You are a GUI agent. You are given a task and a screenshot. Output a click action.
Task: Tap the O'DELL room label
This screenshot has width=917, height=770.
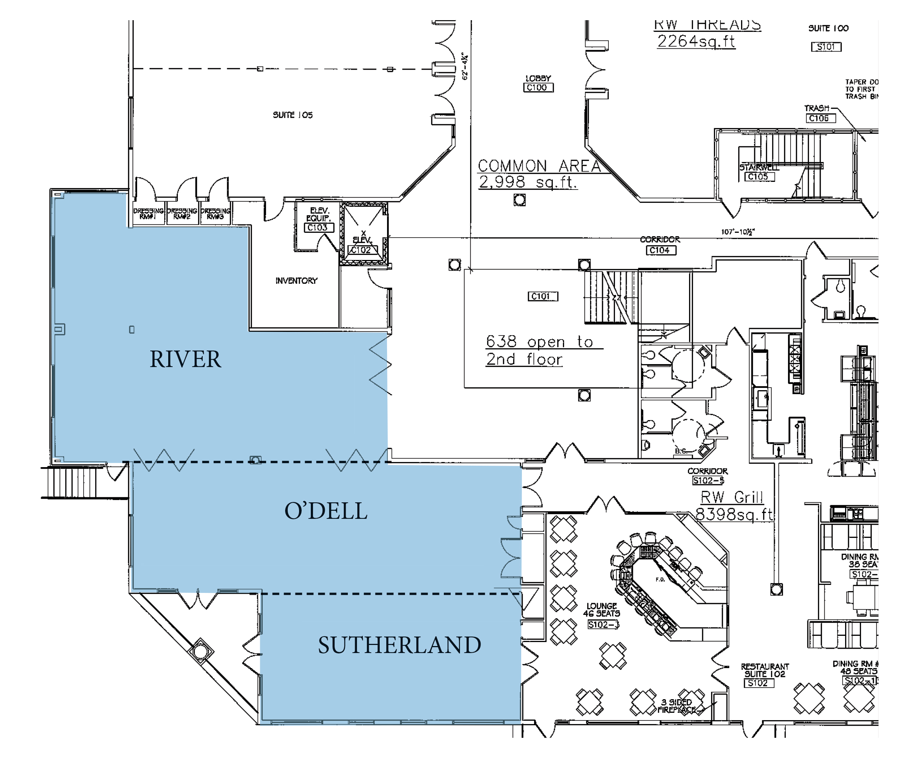click(326, 511)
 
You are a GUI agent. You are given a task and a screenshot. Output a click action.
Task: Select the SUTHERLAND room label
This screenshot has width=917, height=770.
click(399, 645)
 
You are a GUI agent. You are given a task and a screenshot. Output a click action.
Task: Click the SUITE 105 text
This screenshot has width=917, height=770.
click(292, 115)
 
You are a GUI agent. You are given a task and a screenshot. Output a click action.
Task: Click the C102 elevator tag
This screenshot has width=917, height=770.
click(362, 250)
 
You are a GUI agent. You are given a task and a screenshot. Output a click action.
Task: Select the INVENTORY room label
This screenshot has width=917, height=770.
click(297, 281)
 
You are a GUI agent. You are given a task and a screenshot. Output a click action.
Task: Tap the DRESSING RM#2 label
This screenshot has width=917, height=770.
click(182, 213)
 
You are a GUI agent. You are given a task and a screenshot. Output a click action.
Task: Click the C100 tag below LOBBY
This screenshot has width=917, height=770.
click(538, 88)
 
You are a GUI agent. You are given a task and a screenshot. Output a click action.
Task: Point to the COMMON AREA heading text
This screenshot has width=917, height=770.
click(539, 166)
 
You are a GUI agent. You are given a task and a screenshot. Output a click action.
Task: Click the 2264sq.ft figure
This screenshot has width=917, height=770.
click(696, 41)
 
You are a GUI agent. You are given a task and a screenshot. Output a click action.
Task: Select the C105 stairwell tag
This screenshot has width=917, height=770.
click(759, 176)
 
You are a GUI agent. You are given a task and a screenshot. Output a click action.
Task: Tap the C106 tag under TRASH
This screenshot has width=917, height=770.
click(820, 118)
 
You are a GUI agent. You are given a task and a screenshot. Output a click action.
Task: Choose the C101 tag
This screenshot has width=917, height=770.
click(543, 297)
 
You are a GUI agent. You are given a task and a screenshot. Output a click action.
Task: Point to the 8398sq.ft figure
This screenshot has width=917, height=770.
click(734, 514)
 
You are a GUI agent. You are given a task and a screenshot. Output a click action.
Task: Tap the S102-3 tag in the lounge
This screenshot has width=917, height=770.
click(603, 624)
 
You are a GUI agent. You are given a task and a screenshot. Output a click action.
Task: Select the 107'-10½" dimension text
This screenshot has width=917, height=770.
click(737, 232)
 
